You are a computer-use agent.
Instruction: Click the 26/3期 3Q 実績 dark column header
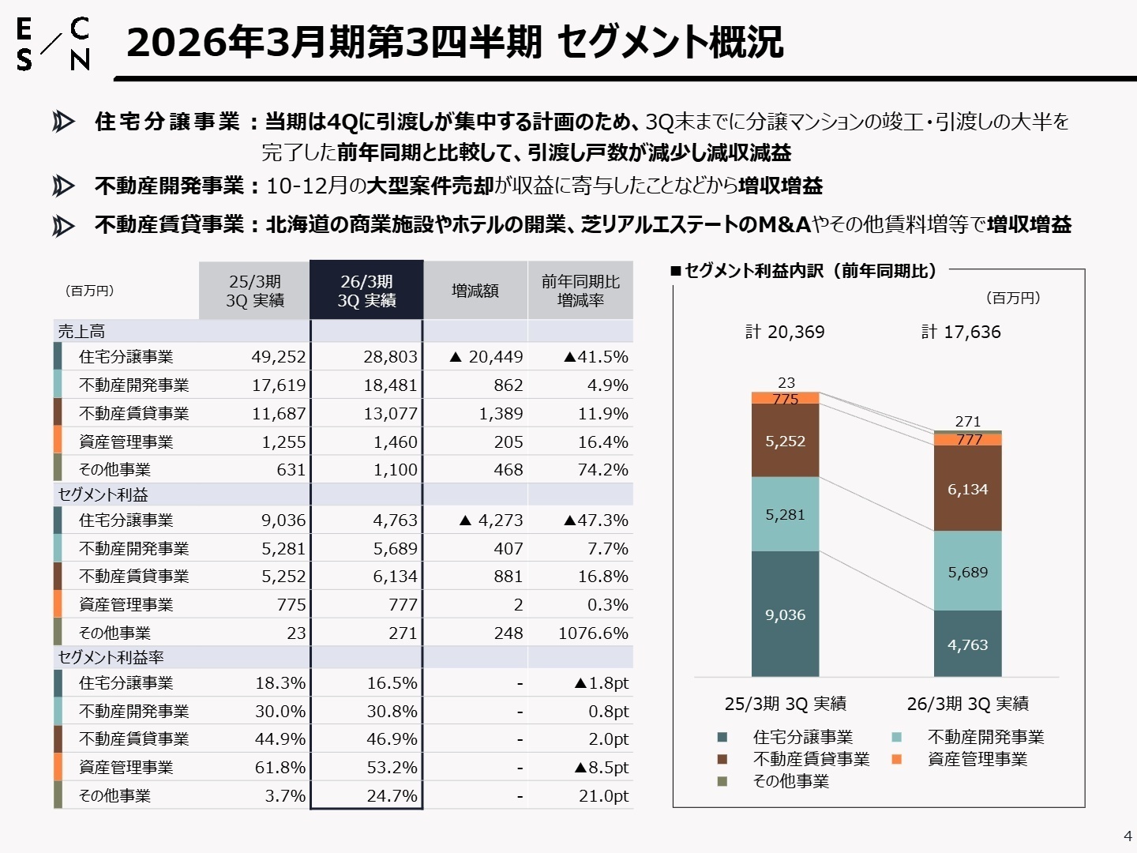pos(366,291)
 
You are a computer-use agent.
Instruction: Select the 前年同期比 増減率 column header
pos(580,291)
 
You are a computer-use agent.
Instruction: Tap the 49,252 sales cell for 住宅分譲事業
pos(278,357)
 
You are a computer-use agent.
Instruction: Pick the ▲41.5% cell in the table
pos(596,357)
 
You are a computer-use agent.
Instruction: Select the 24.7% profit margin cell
pos(392,796)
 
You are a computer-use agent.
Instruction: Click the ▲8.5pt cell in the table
pos(602,768)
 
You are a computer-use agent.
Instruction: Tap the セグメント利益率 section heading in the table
pos(111,658)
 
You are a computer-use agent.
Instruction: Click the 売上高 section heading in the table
pos(81,332)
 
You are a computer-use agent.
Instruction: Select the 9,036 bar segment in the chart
pos(785,614)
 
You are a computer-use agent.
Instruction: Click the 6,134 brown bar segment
pos(967,489)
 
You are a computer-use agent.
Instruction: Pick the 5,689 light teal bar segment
pos(967,572)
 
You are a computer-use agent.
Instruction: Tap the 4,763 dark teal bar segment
pos(967,644)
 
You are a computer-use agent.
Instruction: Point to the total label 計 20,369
pos(785,333)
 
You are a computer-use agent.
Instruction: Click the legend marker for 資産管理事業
pos(896,760)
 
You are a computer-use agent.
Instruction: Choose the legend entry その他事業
pos(790,782)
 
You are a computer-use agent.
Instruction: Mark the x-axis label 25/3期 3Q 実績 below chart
pos(785,704)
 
